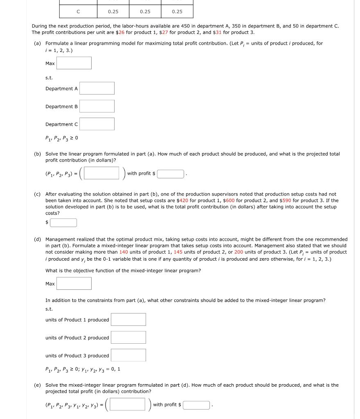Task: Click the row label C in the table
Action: [78, 11]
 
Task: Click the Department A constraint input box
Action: [97, 88]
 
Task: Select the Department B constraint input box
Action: [97, 106]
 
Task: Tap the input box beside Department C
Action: [97, 124]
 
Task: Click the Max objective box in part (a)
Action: [74, 63]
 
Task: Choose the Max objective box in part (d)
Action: [74, 284]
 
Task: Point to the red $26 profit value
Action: [120, 32]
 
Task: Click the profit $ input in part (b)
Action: [171, 174]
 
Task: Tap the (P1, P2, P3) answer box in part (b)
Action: [102, 173]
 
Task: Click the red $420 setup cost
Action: [182, 200]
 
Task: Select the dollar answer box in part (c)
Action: [63, 223]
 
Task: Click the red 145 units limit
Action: [178, 252]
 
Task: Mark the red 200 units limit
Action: [239, 252]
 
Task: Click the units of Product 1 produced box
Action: [128, 320]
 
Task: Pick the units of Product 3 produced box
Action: [128, 355]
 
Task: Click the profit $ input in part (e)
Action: [196, 405]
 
